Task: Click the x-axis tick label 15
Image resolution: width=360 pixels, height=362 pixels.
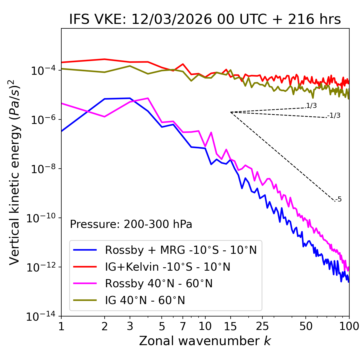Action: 230,326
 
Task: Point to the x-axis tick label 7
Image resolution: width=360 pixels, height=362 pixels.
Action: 183,326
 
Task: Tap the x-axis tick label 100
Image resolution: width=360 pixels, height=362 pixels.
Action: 349,326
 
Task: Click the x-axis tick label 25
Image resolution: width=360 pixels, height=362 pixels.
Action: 262,326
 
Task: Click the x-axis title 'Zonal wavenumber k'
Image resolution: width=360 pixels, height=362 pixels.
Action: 205,341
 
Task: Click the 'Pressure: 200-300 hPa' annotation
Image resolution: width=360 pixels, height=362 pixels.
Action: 131,224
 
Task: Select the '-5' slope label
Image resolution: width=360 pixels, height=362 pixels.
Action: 339,199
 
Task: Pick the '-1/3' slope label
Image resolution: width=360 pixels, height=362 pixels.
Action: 334,115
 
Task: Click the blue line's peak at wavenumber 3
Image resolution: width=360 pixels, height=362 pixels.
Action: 130,98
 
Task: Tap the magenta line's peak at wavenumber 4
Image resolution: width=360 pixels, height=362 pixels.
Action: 148,98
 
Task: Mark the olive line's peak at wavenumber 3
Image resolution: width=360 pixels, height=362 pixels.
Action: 130,66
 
